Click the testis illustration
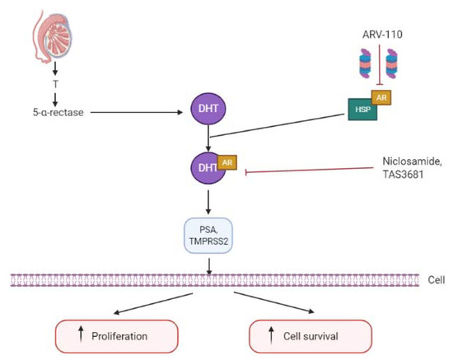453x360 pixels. pos(47,38)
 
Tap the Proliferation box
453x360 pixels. pos(116,336)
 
